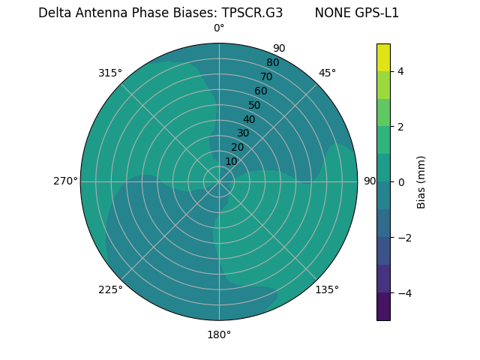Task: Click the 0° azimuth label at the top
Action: (219, 28)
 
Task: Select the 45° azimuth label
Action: (327, 73)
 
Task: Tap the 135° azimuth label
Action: (327, 289)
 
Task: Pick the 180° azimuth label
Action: (219, 334)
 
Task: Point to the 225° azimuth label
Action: (110, 289)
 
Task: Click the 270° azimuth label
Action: (65, 181)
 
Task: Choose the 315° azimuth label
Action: (110, 73)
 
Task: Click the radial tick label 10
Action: (231, 161)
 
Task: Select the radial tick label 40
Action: (249, 119)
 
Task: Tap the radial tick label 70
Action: (266, 76)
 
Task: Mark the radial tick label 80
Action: (272, 62)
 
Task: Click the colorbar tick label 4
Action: (400, 71)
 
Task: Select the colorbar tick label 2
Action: (400, 127)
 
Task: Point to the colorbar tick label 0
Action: (400, 181)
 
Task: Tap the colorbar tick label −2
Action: (403, 237)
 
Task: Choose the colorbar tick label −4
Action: (403, 292)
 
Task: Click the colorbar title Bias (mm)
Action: (421, 181)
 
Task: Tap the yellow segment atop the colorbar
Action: (383, 57)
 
